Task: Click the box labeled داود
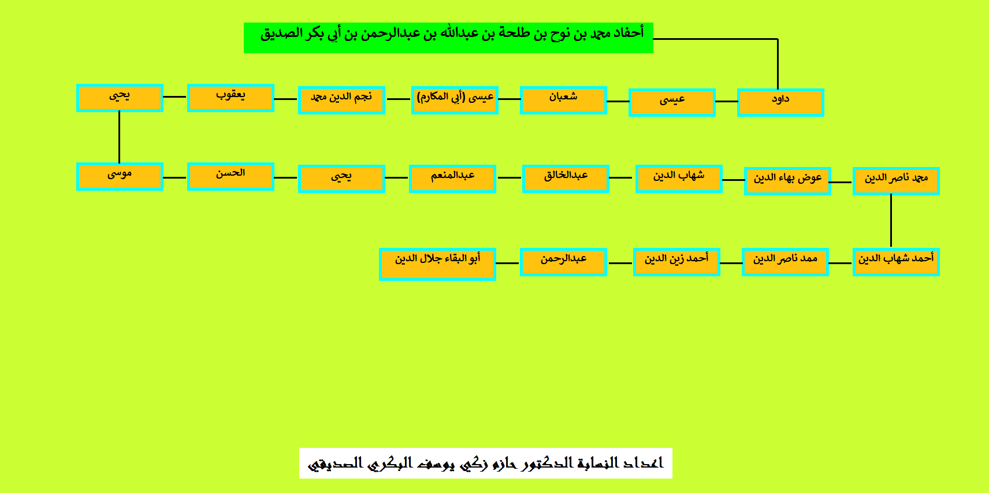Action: point(780,102)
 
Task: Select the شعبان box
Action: point(563,101)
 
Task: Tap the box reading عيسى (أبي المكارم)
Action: point(455,101)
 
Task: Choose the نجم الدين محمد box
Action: point(342,101)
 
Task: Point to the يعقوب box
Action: point(230,98)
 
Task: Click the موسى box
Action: point(120,176)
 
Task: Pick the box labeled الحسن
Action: point(230,176)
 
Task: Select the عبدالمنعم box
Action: point(452,179)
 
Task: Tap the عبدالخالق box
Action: point(566,179)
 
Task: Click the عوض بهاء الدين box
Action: point(787,181)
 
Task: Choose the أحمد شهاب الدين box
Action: point(897,262)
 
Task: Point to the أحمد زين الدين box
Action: point(676,262)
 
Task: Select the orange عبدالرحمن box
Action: point(563,262)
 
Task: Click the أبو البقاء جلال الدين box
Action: point(437,264)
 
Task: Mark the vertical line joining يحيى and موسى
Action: point(119,137)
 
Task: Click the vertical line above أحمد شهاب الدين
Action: point(891,220)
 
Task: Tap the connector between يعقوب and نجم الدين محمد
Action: point(285,99)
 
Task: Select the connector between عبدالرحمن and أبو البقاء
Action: point(508,264)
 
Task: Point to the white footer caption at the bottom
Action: point(486,463)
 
